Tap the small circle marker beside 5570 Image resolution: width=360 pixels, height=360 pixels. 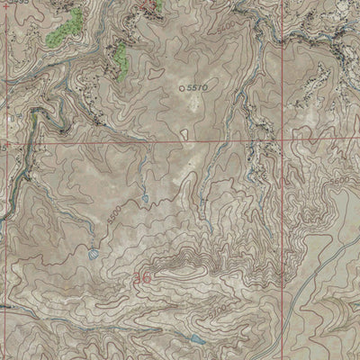click(x=183, y=88)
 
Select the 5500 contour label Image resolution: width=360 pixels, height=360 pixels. click(x=113, y=215)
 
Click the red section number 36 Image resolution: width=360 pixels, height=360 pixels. click(x=142, y=281)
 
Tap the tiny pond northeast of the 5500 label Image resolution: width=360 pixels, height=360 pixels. click(x=144, y=197)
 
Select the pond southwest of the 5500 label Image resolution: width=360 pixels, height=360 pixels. click(x=92, y=255)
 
